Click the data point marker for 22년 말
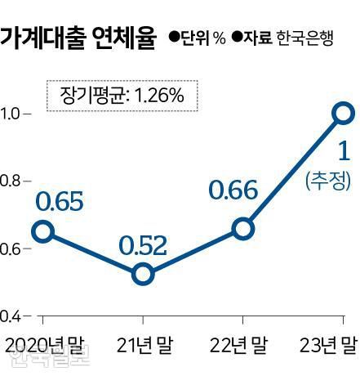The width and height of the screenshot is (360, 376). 242,228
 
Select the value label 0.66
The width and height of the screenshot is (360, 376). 233,192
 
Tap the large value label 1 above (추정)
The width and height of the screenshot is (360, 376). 343,152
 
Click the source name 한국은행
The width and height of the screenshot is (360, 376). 304,38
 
